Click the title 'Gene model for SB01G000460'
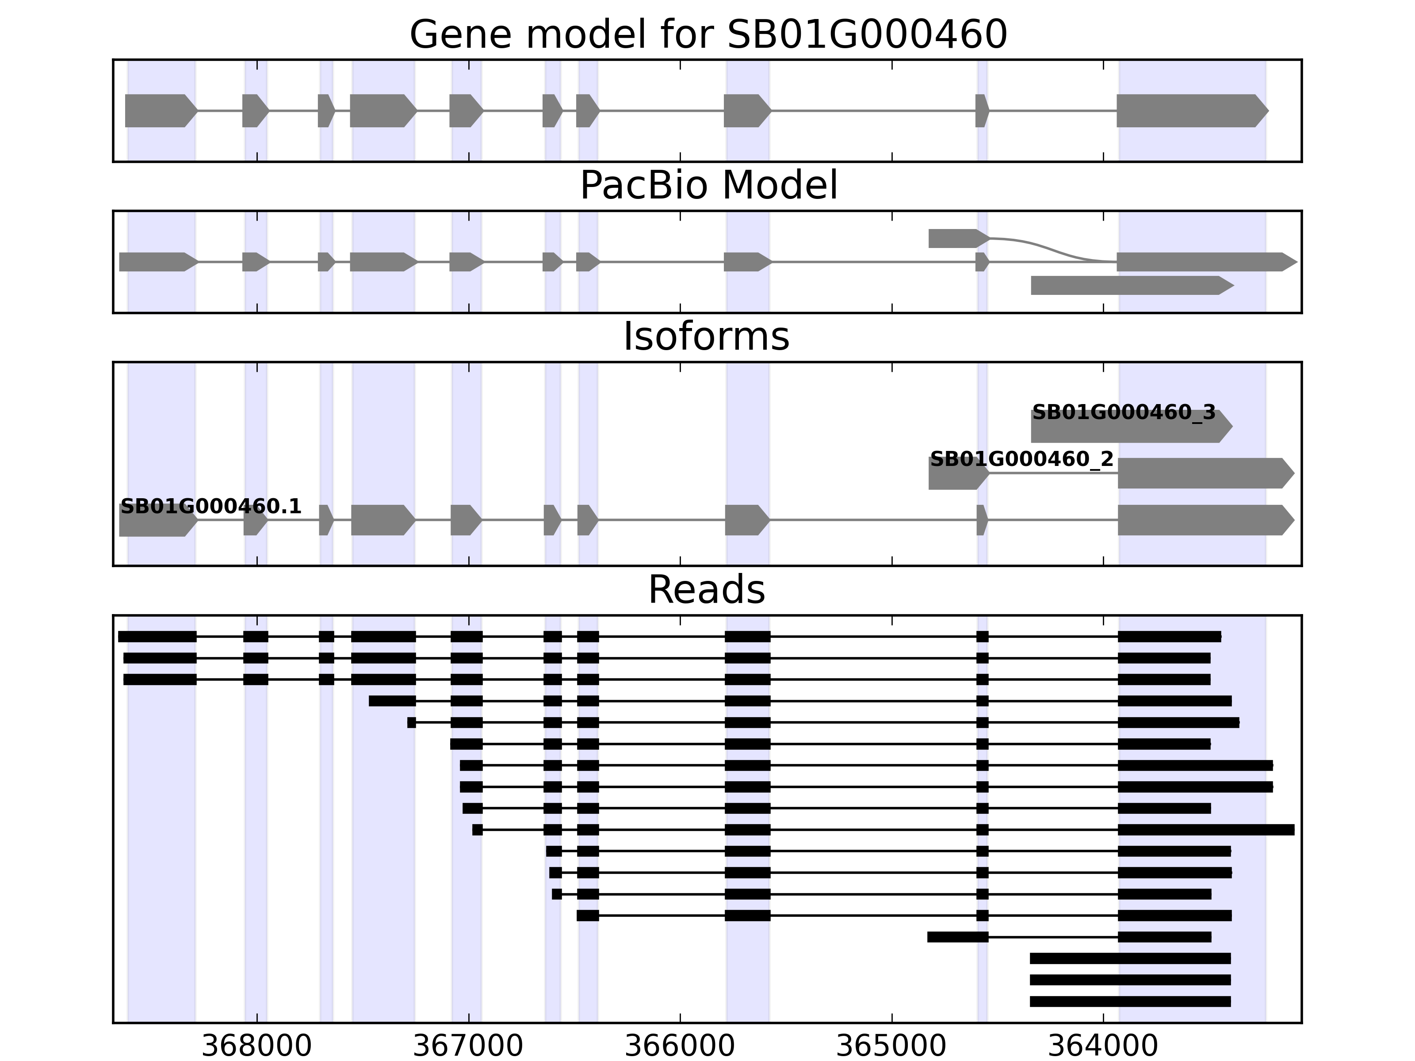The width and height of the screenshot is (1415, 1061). point(707,34)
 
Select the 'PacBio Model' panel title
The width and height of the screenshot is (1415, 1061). point(707,186)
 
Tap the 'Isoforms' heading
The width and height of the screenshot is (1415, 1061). point(706,336)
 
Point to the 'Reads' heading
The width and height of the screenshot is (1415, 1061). point(706,590)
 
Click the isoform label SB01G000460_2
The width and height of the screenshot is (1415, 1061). point(1021,459)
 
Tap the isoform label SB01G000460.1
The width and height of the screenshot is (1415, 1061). point(210,507)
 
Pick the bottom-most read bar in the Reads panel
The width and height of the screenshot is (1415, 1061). point(1130,1001)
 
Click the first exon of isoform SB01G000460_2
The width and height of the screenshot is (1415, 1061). point(958,474)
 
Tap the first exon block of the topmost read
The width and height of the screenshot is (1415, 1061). point(157,636)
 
